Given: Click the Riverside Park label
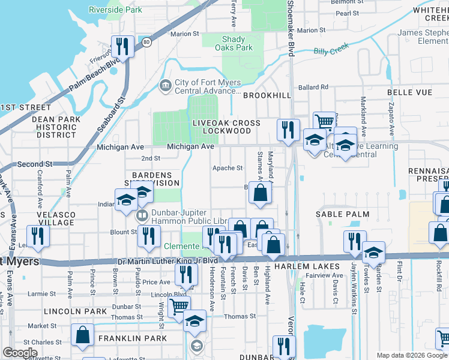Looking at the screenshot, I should (115, 10).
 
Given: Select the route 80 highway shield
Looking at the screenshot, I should (146, 41).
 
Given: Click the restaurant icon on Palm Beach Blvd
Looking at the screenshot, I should (122, 46).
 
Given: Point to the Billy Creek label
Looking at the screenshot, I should (331, 50).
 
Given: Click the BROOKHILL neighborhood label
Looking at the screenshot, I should (266, 95).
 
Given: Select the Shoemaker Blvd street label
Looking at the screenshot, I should (291, 28).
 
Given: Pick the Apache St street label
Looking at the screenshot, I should (228, 169).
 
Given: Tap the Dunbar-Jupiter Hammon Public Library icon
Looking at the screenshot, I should (142, 215).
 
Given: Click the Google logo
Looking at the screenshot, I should (20, 353).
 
